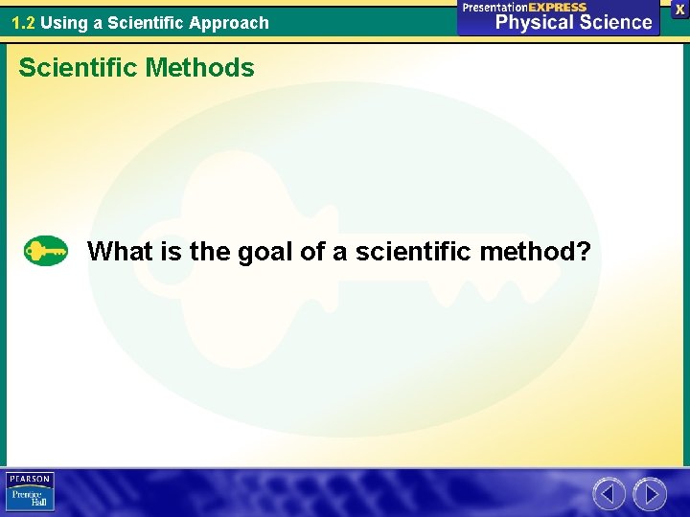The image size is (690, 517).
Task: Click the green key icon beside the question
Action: point(46,251)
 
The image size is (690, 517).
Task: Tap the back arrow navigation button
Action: point(609,494)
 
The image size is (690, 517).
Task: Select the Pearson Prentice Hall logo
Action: point(30,492)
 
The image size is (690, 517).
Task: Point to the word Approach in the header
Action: point(231,22)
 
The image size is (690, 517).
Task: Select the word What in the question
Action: point(120,252)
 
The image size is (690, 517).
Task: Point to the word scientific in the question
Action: point(414,252)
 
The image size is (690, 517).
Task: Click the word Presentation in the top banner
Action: point(495,7)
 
